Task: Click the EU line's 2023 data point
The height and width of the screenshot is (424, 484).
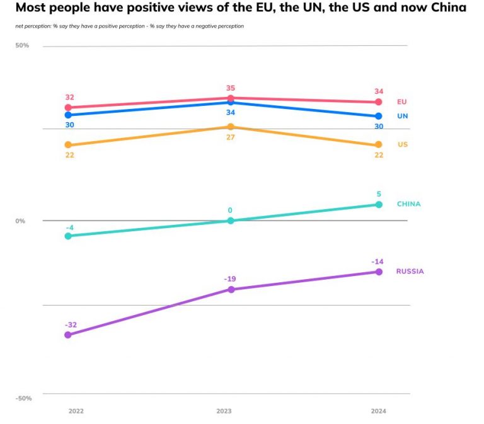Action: tap(230, 98)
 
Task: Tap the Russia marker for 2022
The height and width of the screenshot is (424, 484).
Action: tap(68, 335)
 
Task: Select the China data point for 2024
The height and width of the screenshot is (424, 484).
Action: tap(379, 205)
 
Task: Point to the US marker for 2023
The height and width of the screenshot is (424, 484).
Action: tap(230, 127)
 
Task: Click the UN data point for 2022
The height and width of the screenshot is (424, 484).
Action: tap(68, 115)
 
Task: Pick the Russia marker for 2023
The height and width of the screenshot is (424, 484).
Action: tap(230, 289)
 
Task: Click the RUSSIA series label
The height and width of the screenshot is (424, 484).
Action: tap(410, 272)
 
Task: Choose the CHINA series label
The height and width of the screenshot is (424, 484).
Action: tap(408, 204)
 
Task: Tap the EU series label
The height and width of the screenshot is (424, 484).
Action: tap(402, 102)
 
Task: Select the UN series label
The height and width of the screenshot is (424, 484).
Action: tap(402, 117)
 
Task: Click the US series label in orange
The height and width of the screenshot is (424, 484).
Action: tap(402, 145)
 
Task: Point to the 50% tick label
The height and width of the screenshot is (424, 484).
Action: tap(22, 45)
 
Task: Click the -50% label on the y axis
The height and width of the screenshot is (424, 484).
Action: tap(23, 398)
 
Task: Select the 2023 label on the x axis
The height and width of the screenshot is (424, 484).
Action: tap(224, 411)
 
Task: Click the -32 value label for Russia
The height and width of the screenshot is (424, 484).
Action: tap(70, 324)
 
